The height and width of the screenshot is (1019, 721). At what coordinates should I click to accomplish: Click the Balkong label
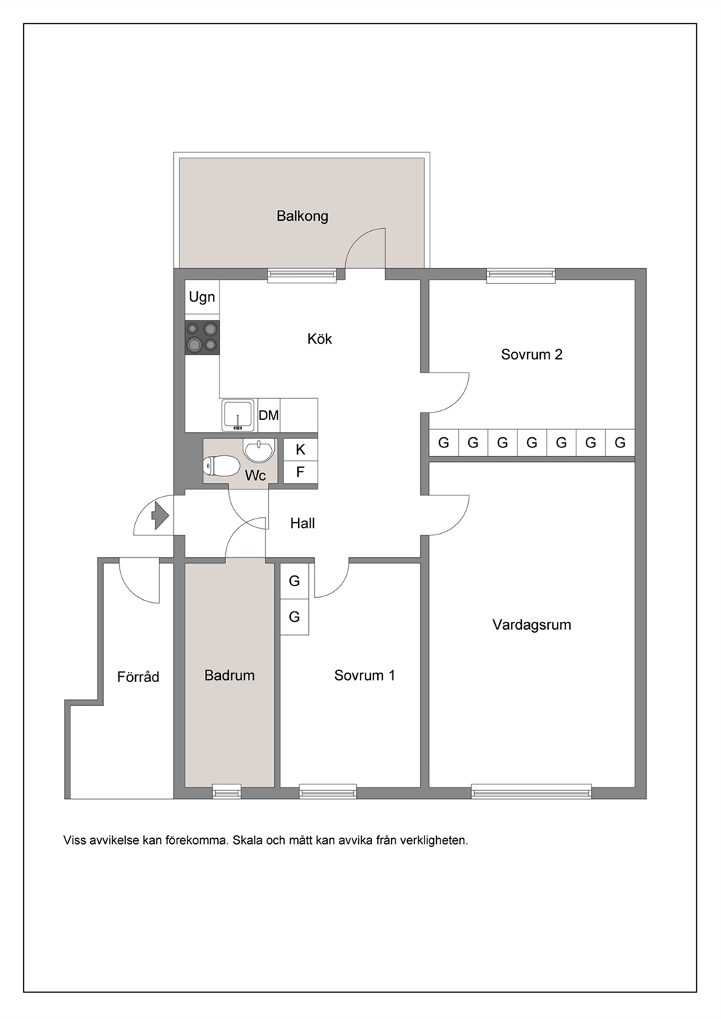pos(302,216)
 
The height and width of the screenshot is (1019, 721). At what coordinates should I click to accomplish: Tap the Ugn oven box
pos(202,296)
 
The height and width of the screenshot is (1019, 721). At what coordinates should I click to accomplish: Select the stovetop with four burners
pos(202,338)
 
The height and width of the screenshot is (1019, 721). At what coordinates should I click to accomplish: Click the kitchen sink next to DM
pos(238,415)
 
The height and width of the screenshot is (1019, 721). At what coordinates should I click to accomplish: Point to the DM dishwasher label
pos(268,415)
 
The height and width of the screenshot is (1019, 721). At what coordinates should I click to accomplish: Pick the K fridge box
pos(300,450)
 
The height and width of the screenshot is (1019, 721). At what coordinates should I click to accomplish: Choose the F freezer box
pos(300,472)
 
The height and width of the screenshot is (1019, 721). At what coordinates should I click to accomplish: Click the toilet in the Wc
pos(221,466)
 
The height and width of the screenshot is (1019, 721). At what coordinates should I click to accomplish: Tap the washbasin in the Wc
pos(259,450)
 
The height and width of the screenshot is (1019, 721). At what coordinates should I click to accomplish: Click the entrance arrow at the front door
pos(160,516)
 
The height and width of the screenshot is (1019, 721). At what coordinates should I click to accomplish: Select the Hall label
pos(302,523)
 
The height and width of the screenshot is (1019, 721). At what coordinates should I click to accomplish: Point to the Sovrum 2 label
pos(531,354)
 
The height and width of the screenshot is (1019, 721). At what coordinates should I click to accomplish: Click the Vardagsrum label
pos(531,625)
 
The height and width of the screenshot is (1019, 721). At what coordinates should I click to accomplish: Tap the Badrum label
pos(230,675)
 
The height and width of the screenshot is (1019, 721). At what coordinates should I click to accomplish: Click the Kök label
pos(320,338)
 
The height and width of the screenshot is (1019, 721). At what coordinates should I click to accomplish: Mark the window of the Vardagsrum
pos(531,791)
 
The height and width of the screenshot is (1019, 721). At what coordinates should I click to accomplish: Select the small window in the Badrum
pos(227,791)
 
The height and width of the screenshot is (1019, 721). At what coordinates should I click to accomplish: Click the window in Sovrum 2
pos(520,276)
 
